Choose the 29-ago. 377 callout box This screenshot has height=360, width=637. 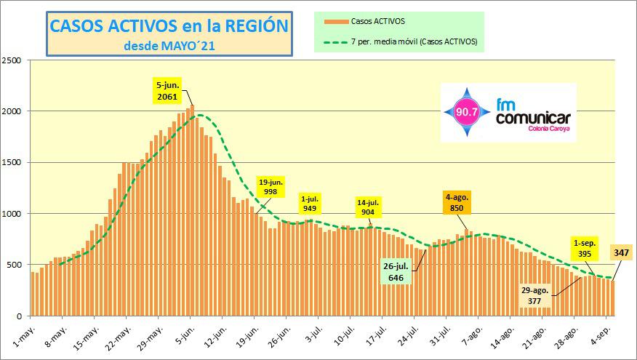[x=534, y=295]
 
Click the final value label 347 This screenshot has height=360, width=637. [x=622, y=253]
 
